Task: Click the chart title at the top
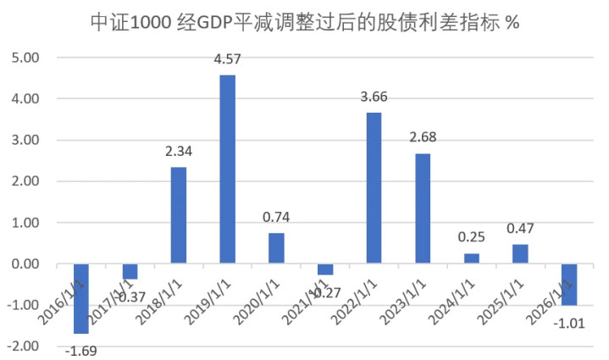(x=304, y=23)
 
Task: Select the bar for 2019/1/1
(x=228, y=169)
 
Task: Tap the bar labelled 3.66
(x=374, y=188)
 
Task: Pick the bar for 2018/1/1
(x=179, y=215)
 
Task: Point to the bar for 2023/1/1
(x=423, y=208)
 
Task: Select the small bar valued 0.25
(x=472, y=258)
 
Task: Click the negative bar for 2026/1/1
(x=569, y=285)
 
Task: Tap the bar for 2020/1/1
(x=276, y=248)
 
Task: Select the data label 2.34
(x=179, y=152)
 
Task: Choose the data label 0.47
(x=520, y=230)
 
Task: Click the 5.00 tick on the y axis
(x=25, y=58)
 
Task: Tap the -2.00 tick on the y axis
(x=24, y=346)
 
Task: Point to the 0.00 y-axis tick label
(x=25, y=264)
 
